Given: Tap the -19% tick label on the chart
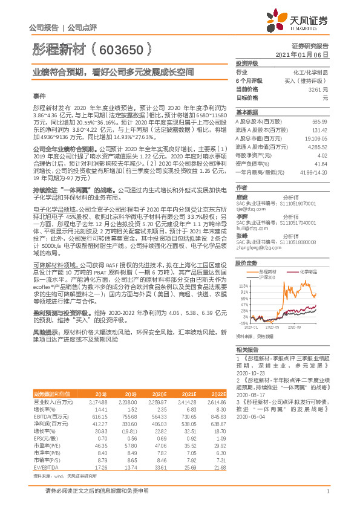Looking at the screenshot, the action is coord(244,323).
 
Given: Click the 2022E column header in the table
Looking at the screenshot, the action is coord(216,394).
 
